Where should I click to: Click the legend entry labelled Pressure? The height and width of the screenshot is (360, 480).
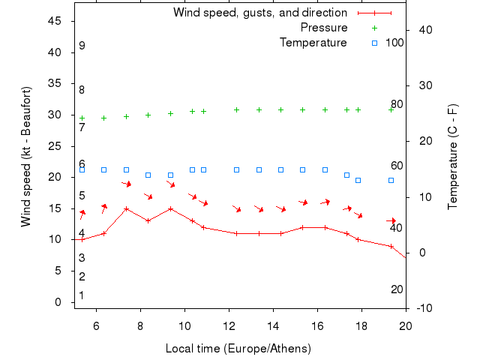click(x=324, y=28)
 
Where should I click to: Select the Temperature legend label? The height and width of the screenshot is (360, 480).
click(x=313, y=43)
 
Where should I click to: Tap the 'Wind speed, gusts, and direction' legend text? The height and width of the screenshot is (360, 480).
click(x=259, y=13)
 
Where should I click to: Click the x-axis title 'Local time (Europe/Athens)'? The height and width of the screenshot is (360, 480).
click(x=238, y=349)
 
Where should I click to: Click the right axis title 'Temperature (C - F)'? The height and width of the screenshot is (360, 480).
click(x=453, y=157)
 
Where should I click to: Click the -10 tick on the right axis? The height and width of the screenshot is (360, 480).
click(x=423, y=308)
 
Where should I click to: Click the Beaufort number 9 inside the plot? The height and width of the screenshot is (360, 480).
click(x=82, y=46)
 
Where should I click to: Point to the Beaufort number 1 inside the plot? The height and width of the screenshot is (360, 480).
click(x=82, y=295)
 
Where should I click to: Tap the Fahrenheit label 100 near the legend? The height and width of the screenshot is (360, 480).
click(x=394, y=43)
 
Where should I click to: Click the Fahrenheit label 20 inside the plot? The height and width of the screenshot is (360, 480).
click(x=397, y=289)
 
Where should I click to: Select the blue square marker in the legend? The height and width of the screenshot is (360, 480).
click(x=374, y=43)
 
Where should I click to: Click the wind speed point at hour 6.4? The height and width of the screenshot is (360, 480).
click(x=104, y=233)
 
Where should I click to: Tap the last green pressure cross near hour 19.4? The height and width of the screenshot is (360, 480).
click(x=391, y=109)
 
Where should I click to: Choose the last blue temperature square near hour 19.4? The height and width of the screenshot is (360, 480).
click(x=391, y=180)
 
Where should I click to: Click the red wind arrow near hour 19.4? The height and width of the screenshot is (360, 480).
click(x=391, y=220)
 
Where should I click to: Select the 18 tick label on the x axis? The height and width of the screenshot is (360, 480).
click(x=361, y=325)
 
